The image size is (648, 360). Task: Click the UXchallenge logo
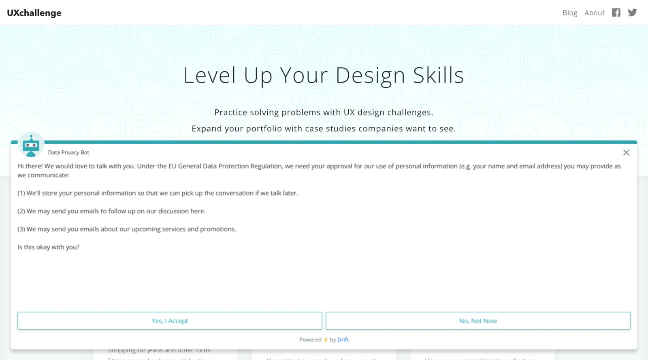34,13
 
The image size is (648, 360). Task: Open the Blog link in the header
569,13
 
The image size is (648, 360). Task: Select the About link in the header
594,13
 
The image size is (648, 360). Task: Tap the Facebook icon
616,13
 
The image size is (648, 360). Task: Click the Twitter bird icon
632,13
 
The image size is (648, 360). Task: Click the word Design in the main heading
370,76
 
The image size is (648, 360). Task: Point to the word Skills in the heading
438,76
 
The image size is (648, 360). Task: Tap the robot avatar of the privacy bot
31,145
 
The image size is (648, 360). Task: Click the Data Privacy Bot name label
68,153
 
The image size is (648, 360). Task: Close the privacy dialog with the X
626,153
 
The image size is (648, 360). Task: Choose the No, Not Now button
478,321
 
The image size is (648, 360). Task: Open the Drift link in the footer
343,340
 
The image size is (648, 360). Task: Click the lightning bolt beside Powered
326,340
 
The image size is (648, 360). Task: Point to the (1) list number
21,193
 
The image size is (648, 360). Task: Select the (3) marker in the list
21,229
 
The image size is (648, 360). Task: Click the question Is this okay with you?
49,247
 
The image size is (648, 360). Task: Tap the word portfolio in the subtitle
264,129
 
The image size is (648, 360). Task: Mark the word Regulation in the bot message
266,166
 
